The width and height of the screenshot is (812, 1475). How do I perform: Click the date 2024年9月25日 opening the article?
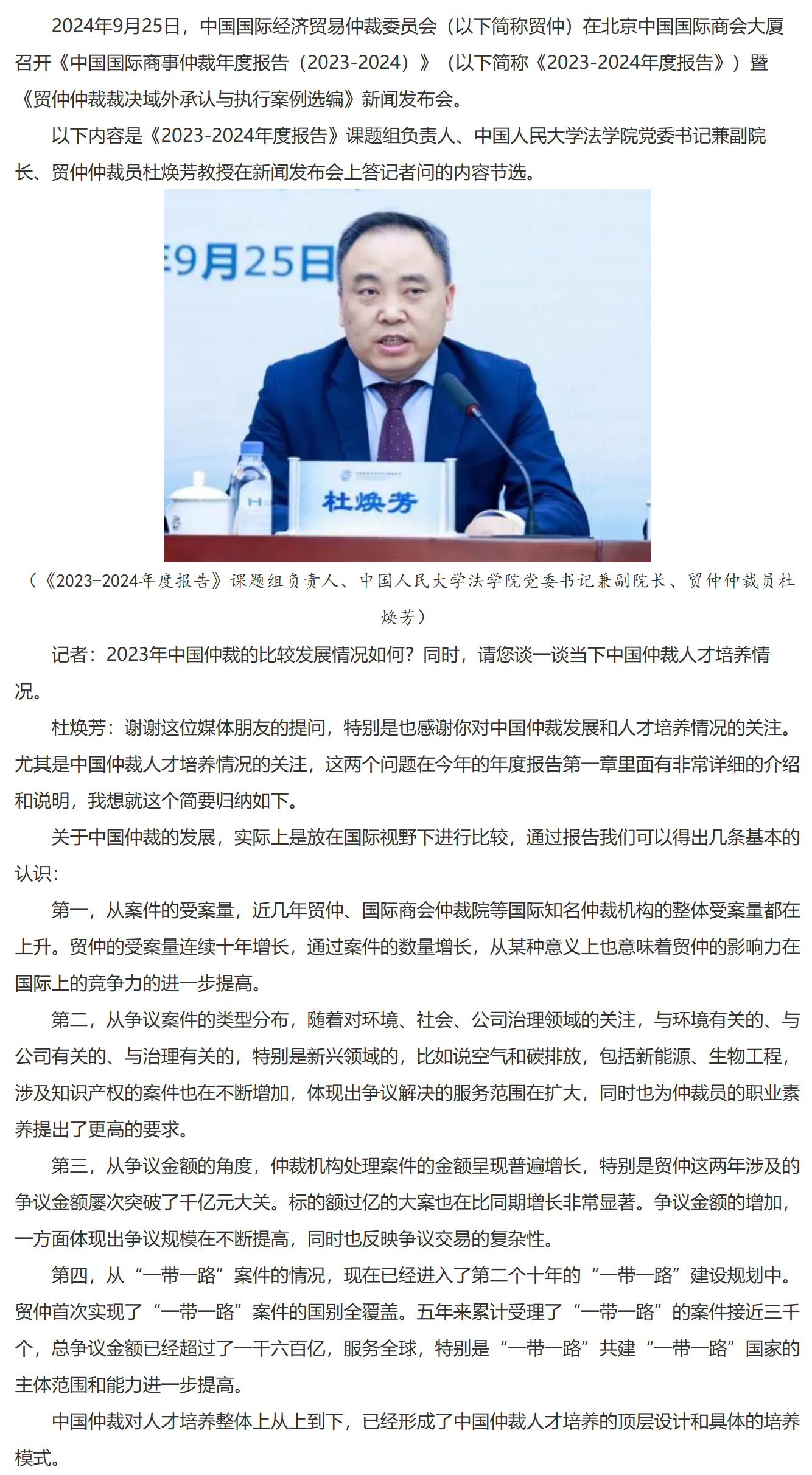116,27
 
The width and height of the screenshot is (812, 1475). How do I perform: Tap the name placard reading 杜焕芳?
370,503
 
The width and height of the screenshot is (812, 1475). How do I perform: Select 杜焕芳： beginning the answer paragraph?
88,728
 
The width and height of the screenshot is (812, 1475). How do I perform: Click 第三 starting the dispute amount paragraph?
69,1166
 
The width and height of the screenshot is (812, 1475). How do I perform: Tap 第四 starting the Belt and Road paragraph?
69,1275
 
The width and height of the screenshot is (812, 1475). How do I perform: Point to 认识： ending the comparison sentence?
37,874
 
